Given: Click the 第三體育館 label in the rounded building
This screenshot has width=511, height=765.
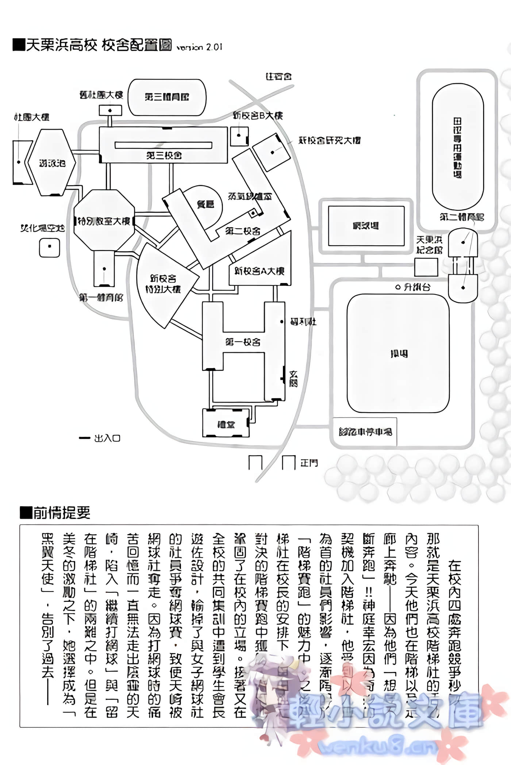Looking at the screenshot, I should tap(167, 97).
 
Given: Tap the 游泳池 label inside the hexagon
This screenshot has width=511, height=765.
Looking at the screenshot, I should tap(52, 163).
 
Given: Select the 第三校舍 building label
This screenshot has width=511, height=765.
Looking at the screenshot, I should tap(164, 156).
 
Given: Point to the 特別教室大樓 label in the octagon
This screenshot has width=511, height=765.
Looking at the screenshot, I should tap(104, 221).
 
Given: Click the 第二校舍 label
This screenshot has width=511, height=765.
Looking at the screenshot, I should tap(243, 231).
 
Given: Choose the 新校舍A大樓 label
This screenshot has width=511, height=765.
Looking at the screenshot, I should tap(259, 271).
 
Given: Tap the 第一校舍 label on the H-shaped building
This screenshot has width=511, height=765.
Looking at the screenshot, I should tap(243, 342).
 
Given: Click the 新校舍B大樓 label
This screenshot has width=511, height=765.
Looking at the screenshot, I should tap(258, 116).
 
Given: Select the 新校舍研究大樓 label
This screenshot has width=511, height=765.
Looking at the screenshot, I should tap(329, 140).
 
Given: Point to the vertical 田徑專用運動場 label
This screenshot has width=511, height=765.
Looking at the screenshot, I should tap(457, 148).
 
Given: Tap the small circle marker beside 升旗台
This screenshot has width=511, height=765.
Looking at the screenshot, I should tap(398, 287).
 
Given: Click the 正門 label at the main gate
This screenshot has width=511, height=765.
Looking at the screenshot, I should tap(309, 463).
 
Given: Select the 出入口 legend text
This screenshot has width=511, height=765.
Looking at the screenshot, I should tap(107, 438).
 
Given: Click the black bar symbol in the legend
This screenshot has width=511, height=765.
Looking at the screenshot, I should tap(84, 438).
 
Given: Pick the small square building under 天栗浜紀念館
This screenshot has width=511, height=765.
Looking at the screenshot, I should tap(426, 267).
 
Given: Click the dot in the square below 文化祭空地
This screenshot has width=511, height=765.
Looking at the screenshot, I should tap(49, 246).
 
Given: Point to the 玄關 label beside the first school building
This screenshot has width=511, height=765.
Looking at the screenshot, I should tap(293, 379).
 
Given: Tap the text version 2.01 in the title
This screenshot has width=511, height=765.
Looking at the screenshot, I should tap(199, 47).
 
